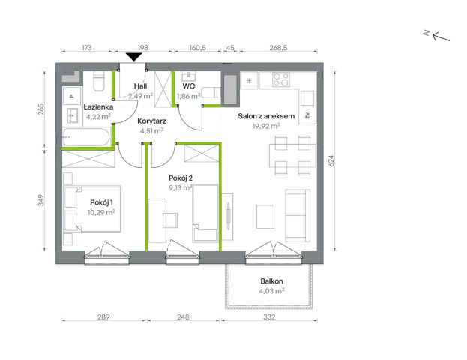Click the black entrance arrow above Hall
[133, 57]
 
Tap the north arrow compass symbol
[436, 36]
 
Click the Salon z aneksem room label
[266, 116]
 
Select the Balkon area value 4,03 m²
[271, 290]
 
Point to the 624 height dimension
[331, 161]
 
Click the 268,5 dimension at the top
[278, 48]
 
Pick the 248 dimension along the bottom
[183, 316]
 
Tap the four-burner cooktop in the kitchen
[281, 79]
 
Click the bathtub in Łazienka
[86, 137]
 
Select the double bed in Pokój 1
[92, 209]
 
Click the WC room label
[189, 86]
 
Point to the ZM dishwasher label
[307, 115]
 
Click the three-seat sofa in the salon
[298, 215]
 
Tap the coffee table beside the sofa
[265, 217]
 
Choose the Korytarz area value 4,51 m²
[151, 130]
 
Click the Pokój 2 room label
[181, 178]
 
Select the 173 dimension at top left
[86, 48]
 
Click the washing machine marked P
[71, 96]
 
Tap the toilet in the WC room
[211, 93]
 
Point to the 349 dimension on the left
[40, 200]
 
